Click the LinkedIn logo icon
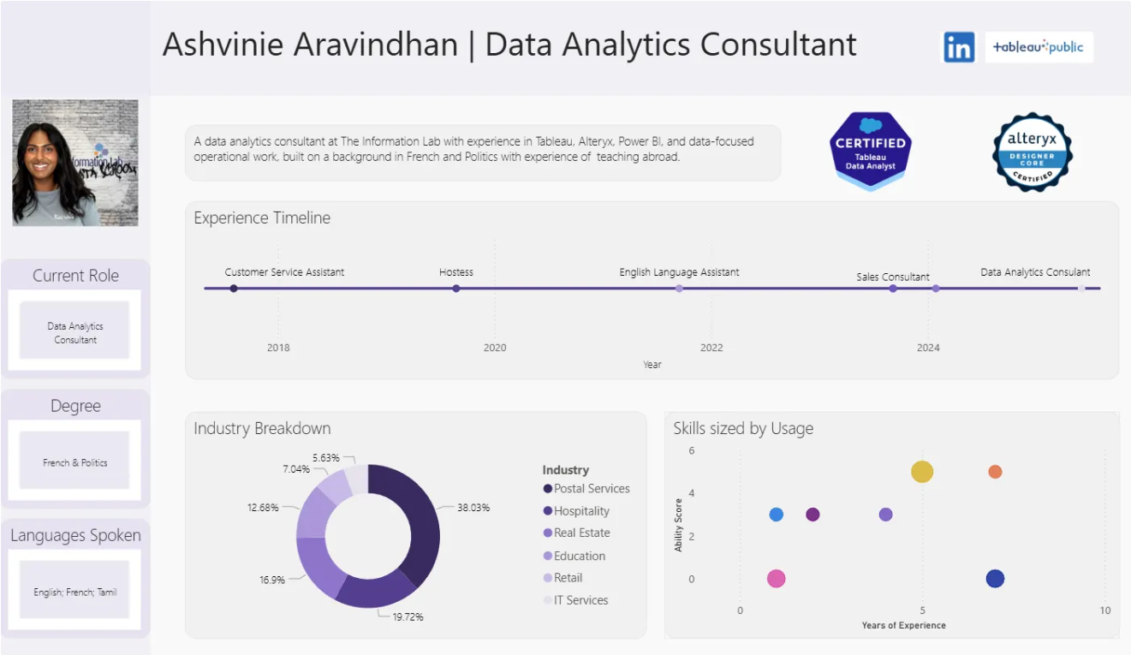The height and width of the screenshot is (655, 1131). click(x=959, y=47)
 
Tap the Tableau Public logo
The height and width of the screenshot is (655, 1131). click(x=1039, y=47)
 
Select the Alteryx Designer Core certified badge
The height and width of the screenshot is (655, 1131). click(x=1032, y=152)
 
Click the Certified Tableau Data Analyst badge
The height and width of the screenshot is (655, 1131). click(x=870, y=151)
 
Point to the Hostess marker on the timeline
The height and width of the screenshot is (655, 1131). click(x=456, y=289)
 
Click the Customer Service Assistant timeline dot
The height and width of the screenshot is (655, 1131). click(x=234, y=289)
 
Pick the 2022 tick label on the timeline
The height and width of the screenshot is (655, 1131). click(x=711, y=348)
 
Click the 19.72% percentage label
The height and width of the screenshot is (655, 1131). click(x=408, y=616)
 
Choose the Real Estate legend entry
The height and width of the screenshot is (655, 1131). click(x=581, y=533)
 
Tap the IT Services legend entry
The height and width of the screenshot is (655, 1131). click(x=580, y=600)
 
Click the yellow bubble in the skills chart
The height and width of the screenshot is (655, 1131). click(x=922, y=471)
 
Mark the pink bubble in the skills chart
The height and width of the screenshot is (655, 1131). click(x=777, y=579)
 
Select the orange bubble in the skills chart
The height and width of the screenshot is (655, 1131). click(x=995, y=472)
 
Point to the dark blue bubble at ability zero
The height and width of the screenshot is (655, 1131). click(x=995, y=579)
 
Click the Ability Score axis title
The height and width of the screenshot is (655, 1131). click(x=679, y=525)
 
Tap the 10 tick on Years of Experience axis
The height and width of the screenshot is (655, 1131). click(x=1105, y=610)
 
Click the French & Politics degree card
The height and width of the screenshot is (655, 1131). click(x=75, y=462)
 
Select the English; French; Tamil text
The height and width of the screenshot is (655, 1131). click(x=75, y=592)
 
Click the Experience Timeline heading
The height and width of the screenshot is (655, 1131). click(x=262, y=218)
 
